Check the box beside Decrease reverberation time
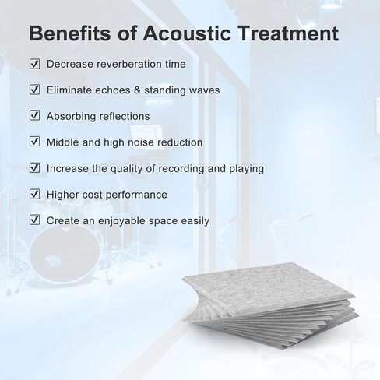click(x=34, y=64)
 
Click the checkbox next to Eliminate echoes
click(x=34, y=90)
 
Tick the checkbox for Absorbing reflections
click(x=34, y=116)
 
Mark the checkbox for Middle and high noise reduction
click(x=34, y=142)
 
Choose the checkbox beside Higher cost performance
click(x=34, y=194)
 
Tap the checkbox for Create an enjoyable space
click(x=34, y=220)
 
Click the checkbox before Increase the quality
click(x=34, y=168)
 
